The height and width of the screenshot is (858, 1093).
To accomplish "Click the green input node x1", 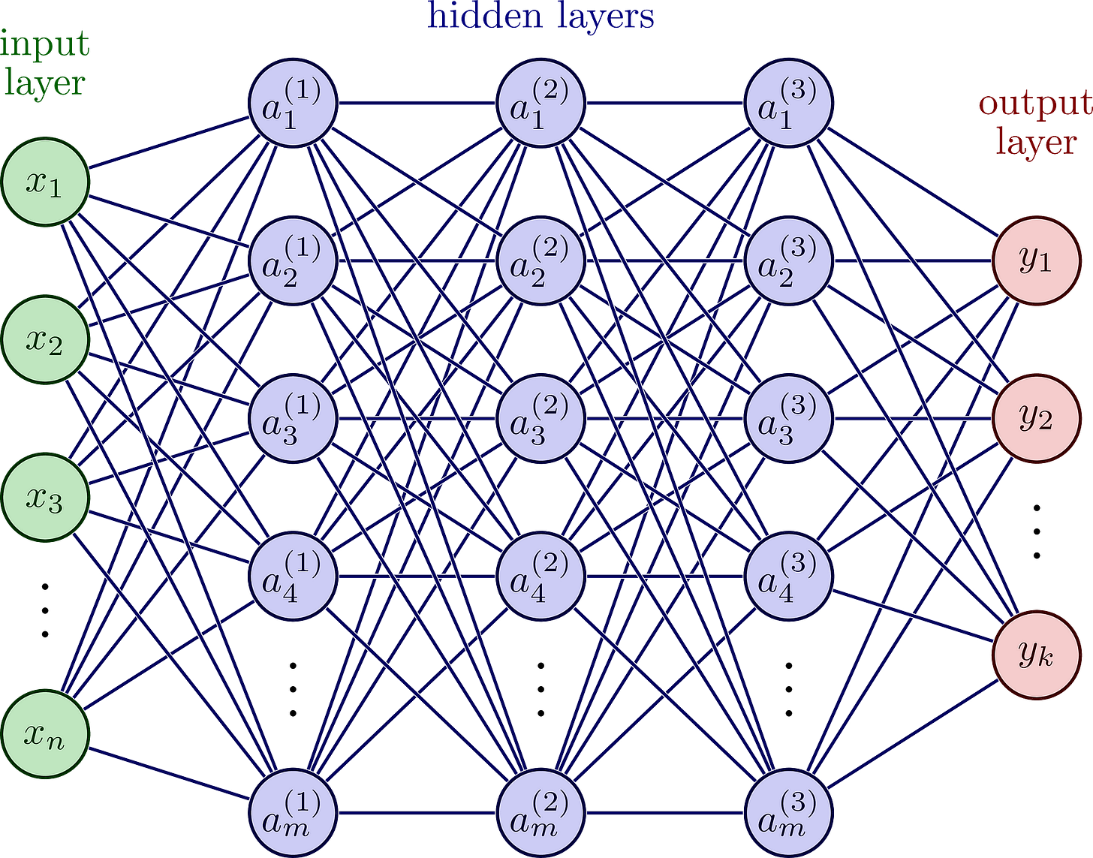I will point(46,182).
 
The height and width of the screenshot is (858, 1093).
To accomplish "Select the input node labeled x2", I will point(46,341).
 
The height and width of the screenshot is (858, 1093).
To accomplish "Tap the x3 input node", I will point(46,498).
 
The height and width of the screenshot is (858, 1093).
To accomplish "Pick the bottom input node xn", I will point(46,735).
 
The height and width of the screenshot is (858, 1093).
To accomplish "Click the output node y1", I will point(1037,260).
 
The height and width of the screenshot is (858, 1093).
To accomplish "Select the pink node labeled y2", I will point(1037,418).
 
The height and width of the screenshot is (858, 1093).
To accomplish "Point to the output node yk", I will point(1037,655).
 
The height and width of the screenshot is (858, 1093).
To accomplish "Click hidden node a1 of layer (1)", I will point(294,103).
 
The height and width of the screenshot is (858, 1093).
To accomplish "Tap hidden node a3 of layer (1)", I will point(294,418).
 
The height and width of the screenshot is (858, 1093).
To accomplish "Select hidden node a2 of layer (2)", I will point(541,260).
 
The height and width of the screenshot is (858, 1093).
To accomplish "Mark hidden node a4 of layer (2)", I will point(541,576).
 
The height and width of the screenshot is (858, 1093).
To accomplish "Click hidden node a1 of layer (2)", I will point(541,103).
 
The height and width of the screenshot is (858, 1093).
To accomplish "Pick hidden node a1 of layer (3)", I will point(789,103).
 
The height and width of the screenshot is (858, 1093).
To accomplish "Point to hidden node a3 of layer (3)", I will point(789,418).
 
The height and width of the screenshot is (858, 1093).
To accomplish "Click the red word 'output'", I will point(1034,105).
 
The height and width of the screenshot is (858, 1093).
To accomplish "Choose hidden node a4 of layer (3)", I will point(789,576).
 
